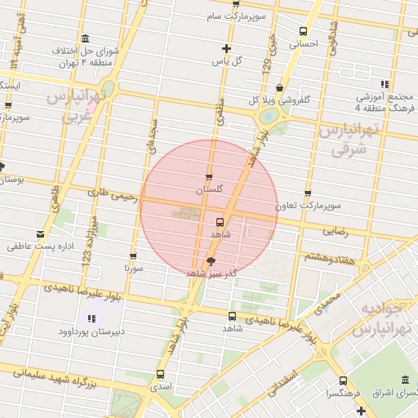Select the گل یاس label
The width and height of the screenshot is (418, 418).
228,61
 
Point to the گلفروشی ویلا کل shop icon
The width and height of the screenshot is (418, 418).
280,87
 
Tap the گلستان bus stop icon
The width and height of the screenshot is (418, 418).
210,176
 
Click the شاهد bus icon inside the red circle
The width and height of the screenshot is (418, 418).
220,221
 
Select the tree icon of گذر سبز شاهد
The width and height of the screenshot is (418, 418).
211,261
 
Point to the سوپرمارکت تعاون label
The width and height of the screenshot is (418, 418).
308,207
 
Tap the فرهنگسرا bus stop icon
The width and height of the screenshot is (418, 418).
342,380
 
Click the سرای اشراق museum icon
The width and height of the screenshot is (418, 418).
406,380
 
